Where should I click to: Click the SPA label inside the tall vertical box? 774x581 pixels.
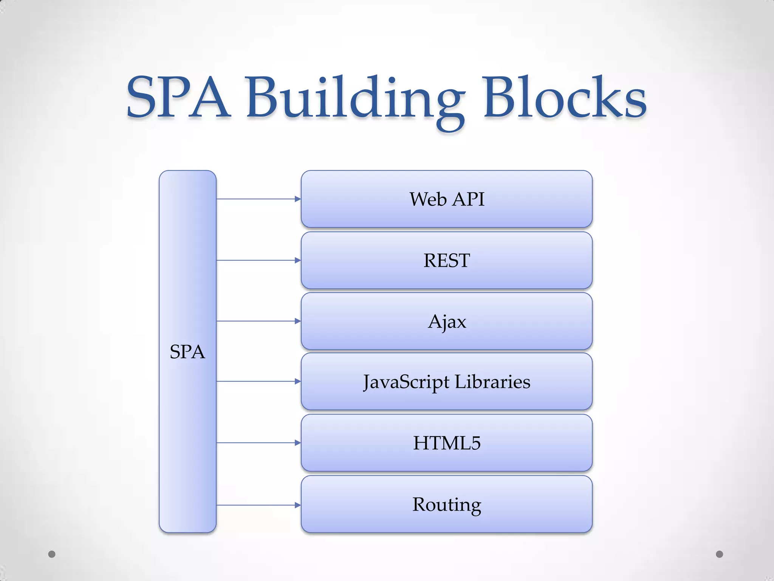pyautogui.click(x=187, y=352)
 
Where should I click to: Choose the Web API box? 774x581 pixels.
pyautogui.click(x=446, y=199)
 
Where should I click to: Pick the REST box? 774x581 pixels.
pyautogui.click(x=446, y=260)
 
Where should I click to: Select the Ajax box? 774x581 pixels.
pyautogui.click(x=446, y=321)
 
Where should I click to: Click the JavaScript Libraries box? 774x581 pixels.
pyautogui.click(x=446, y=382)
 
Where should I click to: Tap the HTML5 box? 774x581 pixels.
pyautogui.click(x=446, y=443)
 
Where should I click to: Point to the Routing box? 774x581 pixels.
pyautogui.click(x=446, y=504)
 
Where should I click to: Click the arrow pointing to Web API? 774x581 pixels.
pyautogui.click(x=259, y=199)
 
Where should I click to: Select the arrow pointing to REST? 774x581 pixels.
pyautogui.click(x=259, y=260)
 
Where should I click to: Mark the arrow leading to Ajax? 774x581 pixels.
pyautogui.click(x=259, y=321)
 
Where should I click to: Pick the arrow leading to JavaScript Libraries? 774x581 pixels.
pyautogui.click(x=259, y=382)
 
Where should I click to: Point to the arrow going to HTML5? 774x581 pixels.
pyautogui.click(x=259, y=443)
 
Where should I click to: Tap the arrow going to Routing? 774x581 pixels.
pyautogui.click(x=259, y=505)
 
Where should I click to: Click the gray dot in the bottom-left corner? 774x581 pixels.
pyautogui.click(x=52, y=554)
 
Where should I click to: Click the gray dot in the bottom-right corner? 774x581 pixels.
pyautogui.click(x=720, y=554)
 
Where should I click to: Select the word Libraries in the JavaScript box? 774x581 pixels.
pyautogui.click(x=492, y=382)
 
